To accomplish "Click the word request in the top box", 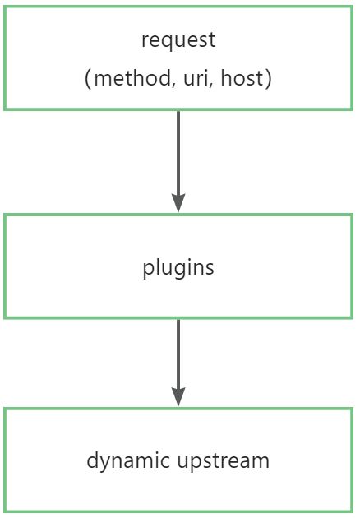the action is (x=178, y=40).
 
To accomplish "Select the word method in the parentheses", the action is (x=133, y=78).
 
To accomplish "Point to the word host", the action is (x=242, y=78).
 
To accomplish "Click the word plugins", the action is (x=178, y=268).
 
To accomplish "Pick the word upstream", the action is (x=224, y=461).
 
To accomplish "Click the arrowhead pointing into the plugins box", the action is (x=178, y=203).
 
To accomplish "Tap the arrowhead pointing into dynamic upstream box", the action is (x=178, y=397).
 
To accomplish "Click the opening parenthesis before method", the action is (x=87, y=79).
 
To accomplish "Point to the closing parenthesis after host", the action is (x=269, y=79).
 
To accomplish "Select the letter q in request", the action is (x=165, y=42).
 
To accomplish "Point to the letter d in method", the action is (x=166, y=78).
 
